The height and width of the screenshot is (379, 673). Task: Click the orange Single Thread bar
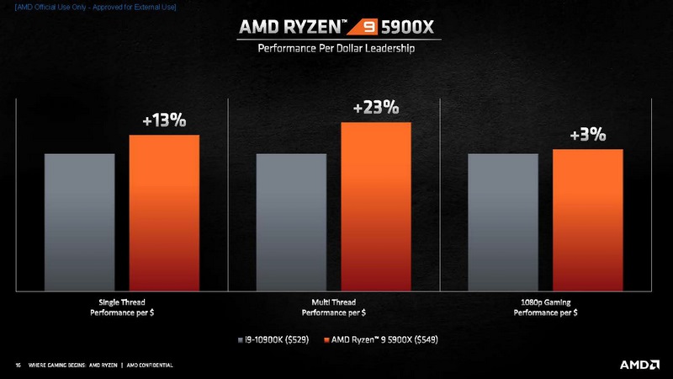coord(163,213)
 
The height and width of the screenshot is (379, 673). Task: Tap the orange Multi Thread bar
coord(375,207)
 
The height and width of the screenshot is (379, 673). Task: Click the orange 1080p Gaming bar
coord(587,221)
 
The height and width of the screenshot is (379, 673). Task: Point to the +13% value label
coord(163,120)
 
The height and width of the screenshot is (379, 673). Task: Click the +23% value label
coord(375,108)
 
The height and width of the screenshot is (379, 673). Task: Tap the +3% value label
coord(587,135)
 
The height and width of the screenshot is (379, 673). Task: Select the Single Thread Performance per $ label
coord(121,307)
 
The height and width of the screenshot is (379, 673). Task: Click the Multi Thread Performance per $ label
coord(333,307)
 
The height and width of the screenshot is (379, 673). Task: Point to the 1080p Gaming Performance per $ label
coord(545,307)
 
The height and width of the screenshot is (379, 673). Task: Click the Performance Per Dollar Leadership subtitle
coord(336,49)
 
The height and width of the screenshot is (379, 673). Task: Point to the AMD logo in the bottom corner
coord(639,365)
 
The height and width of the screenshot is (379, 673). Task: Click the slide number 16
coord(18,366)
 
